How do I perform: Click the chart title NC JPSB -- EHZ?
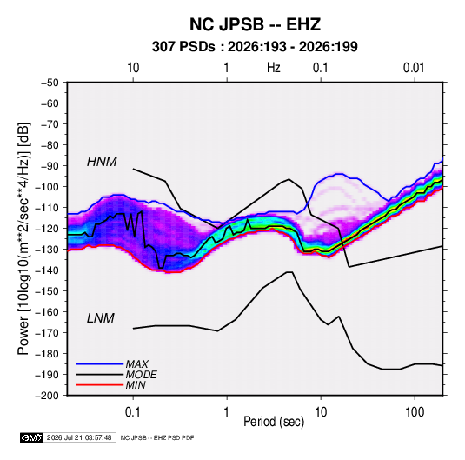(255, 24)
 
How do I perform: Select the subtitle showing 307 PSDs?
(255, 47)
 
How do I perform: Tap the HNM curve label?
(102, 162)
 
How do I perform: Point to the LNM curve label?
(101, 318)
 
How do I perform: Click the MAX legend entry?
(136, 363)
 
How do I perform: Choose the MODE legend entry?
(141, 375)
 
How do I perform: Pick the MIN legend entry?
(136, 385)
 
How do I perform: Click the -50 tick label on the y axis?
(50, 83)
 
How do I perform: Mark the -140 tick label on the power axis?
(47, 270)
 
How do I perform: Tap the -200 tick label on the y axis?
(47, 396)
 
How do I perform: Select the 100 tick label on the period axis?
(415, 411)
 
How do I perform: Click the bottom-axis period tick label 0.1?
(133, 411)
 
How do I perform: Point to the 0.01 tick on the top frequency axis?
(414, 68)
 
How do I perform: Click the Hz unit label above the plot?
(274, 68)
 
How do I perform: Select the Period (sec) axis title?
(274, 422)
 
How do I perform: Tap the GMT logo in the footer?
(32, 437)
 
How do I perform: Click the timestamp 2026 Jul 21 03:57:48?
(79, 437)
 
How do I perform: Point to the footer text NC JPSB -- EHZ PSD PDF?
(157, 437)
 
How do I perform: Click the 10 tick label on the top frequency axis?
(133, 68)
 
